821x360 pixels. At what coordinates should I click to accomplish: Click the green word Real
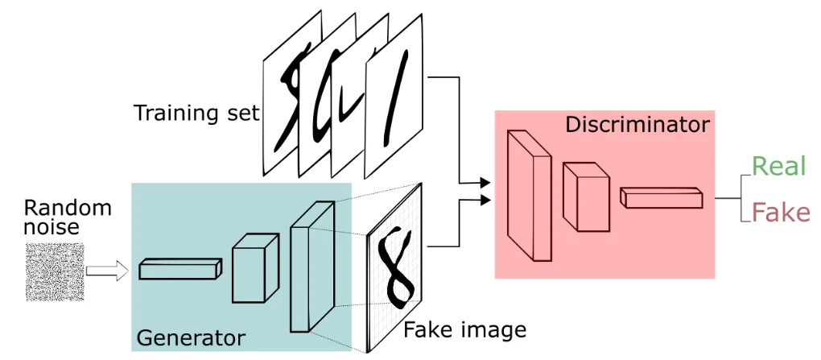coord(778,167)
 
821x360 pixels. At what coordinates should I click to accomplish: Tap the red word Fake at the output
coord(781,213)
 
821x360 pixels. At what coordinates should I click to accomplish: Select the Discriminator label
coord(637,125)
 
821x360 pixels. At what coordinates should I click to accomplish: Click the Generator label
coord(191,338)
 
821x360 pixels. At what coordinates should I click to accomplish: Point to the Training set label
coord(196,113)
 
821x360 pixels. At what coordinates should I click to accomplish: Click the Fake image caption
coord(465,330)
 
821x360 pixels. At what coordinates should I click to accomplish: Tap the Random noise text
coord(68,217)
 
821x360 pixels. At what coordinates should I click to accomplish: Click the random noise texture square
coord(55,271)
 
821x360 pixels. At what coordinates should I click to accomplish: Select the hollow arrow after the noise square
coord(107,271)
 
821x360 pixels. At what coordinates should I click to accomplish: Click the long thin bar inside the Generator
coord(180,269)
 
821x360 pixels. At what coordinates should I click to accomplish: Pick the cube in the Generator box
coord(255,267)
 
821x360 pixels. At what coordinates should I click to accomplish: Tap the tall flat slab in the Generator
coord(312,267)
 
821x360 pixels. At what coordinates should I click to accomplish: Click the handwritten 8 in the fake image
coord(399,267)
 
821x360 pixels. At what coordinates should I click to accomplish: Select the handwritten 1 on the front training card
coord(394,101)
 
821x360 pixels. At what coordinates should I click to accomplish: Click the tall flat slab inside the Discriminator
coord(529,196)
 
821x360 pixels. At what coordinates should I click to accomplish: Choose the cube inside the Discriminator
coord(586,197)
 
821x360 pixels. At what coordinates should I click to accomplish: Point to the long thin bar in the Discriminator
coord(662,197)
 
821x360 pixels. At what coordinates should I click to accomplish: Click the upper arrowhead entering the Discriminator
coord(485,183)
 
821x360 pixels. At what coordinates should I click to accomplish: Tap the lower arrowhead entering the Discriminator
coord(485,200)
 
